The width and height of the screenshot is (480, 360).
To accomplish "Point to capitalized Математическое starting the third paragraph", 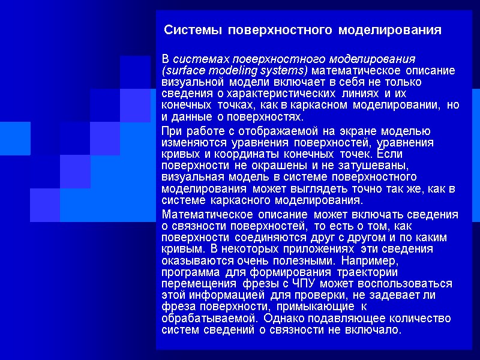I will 199,215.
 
